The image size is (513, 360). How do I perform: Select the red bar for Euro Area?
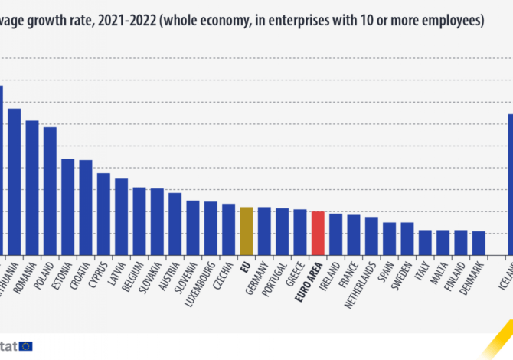(x=318, y=233)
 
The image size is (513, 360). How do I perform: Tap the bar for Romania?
(x=32, y=188)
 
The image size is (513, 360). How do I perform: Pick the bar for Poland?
(x=50, y=191)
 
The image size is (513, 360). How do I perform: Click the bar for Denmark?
(x=479, y=243)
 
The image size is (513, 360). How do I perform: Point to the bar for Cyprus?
(x=103, y=214)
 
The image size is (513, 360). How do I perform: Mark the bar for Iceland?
(x=511, y=184)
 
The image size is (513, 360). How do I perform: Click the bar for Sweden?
(x=407, y=238)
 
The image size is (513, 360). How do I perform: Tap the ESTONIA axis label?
(x=67, y=280)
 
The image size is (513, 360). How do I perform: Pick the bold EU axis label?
(x=246, y=268)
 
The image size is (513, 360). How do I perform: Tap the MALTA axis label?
(x=443, y=277)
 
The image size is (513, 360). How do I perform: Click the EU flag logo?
(x=26, y=346)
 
